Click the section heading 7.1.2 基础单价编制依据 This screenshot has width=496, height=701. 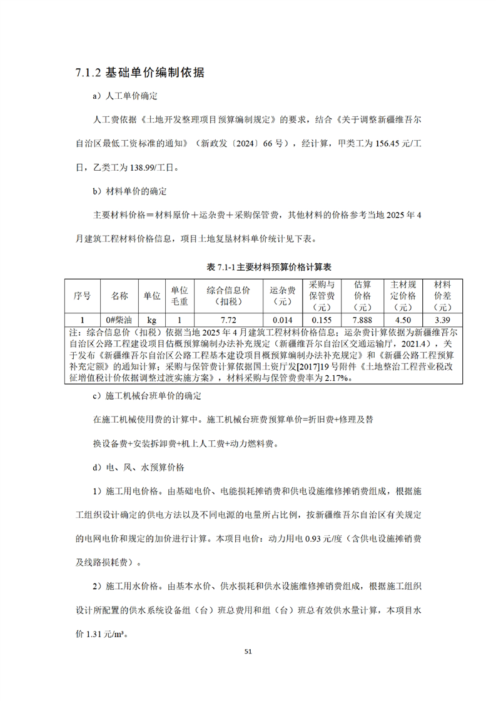(139, 73)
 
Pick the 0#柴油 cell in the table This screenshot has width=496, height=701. (119, 319)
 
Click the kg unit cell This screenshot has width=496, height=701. (152, 319)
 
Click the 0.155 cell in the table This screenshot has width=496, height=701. (323, 319)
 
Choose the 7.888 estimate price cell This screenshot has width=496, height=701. (362, 319)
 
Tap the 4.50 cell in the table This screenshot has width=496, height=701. (403, 319)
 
